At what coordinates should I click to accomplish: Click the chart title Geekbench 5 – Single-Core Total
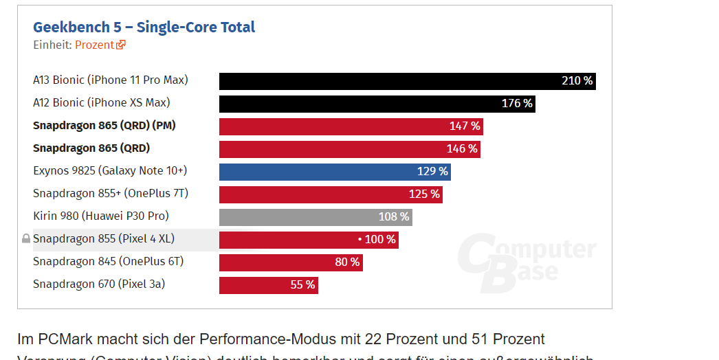coord(144,27)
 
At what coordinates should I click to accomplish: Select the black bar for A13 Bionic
coord(385,81)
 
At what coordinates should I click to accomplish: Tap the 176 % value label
coord(517,104)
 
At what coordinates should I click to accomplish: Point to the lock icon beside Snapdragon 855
coord(26,239)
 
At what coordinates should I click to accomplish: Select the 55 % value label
coord(302,285)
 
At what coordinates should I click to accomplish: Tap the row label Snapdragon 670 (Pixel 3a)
coord(99,284)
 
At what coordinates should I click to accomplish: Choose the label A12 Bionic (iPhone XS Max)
coord(101,103)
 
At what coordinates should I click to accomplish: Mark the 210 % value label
coord(577,81)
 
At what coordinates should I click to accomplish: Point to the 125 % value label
coord(424,194)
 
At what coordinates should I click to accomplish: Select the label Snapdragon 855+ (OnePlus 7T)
coord(110,194)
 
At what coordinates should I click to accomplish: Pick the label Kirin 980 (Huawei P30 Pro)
coord(100,216)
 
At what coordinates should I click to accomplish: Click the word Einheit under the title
coord(52,45)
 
